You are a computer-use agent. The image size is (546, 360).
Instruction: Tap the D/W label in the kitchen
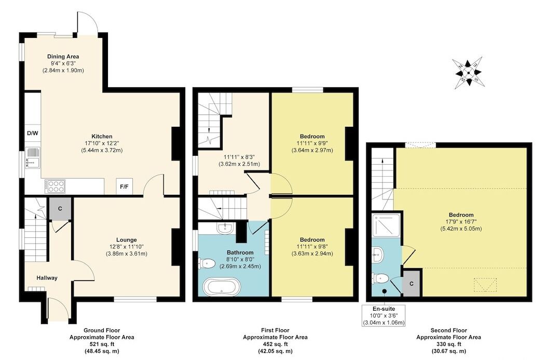[32, 133]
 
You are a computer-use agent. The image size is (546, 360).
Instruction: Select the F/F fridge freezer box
[125, 187]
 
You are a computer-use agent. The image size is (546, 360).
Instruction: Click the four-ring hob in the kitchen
[55, 186]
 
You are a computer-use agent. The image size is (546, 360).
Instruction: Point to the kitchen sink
[33, 157]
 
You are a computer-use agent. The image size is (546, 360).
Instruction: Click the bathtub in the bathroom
[222, 287]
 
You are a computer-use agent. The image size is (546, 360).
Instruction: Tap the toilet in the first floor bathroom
[207, 263]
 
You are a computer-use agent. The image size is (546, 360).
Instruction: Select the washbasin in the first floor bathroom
[225, 228]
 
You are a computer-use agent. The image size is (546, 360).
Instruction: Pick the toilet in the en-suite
[380, 278]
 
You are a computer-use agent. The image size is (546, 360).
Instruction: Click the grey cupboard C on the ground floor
[60, 209]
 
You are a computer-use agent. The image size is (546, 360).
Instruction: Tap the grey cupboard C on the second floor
[412, 284]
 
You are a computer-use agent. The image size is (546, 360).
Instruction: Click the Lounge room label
[127, 240]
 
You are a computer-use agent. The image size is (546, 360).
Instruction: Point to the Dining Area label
[63, 57]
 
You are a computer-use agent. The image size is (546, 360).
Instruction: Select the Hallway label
[47, 278]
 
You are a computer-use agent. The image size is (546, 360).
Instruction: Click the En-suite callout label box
[384, 315]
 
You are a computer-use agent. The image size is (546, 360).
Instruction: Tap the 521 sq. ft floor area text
[102, 344]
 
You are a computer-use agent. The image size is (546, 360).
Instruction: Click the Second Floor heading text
[449, 330]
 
